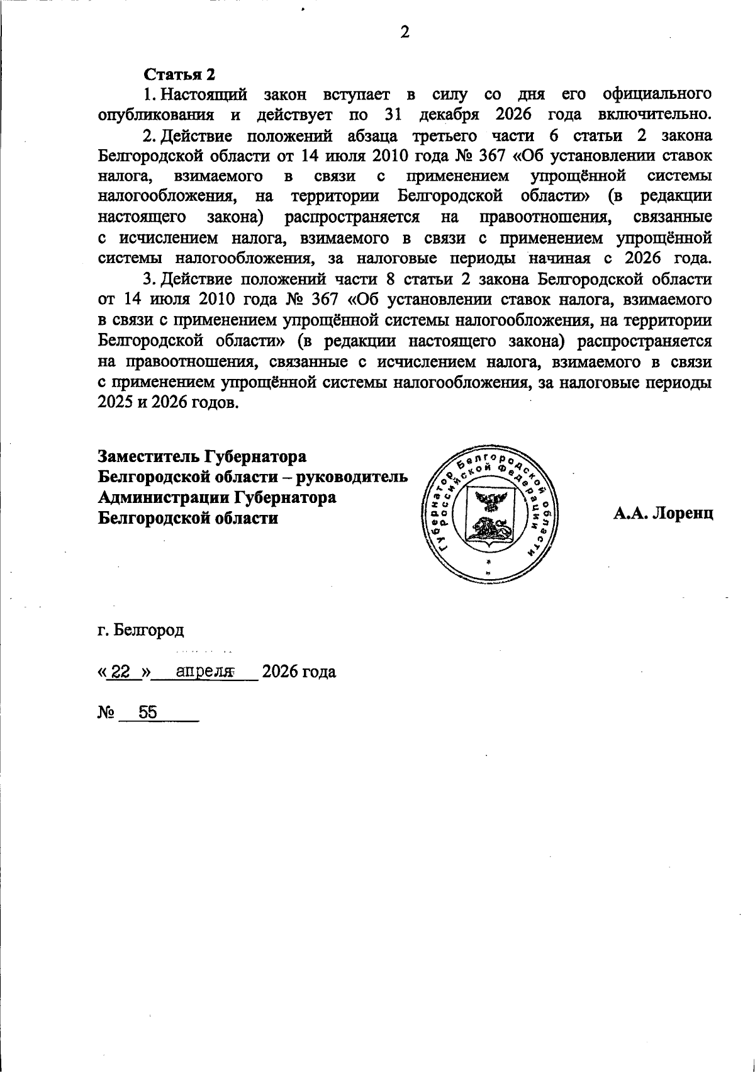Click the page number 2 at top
point(405,33)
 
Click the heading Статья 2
point(180,74)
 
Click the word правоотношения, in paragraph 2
point(545,217)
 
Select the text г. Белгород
point(141,629)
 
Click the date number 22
point(123,672)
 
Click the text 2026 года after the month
point(299,672)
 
